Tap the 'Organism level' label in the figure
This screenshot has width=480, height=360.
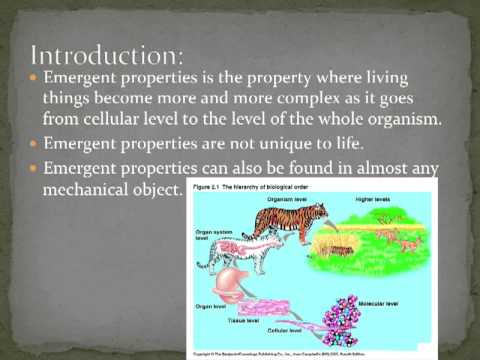pos(258,199)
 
